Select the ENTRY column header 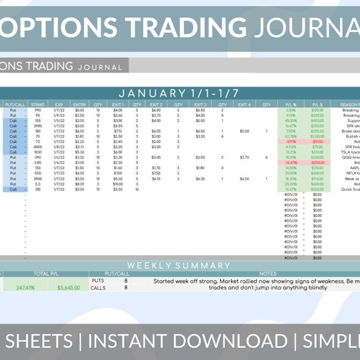[79, 104]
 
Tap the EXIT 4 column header [244, 104]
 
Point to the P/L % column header [291, 104]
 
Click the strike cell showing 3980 [38, 125]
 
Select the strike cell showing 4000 [38, 146]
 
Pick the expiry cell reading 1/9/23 [58, 115]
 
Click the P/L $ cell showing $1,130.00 [317, 136]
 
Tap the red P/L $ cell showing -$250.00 [317, 162]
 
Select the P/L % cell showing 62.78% [291, 136]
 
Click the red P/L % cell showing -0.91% [291, 142]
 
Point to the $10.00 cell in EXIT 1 [118, 184]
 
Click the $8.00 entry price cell [79, 184]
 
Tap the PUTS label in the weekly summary [97, 280]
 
